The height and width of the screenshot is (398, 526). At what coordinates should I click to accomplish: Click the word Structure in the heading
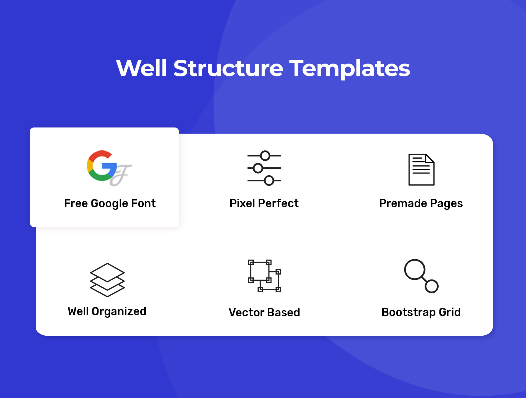pos(228,68)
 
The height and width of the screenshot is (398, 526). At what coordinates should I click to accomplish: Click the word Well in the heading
pos(141,68)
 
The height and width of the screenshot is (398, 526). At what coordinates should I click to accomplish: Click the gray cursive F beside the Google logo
pos(121,175)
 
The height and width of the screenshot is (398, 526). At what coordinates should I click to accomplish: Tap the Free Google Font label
pos(110,203)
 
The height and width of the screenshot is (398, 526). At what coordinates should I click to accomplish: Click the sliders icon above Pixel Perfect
pos(264,168)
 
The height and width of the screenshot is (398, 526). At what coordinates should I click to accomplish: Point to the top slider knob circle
pos(265,156)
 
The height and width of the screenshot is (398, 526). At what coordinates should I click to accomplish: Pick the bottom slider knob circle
pos(269,181)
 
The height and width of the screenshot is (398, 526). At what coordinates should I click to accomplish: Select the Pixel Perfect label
pos(264,203)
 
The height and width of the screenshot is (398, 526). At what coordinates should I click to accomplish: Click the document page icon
pos(421,169)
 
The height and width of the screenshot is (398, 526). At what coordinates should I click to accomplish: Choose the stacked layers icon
pos(107,280)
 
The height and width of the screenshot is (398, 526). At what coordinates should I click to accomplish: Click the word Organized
pos(119,312)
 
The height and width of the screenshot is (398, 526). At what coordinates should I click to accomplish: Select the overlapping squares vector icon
pos(264,276)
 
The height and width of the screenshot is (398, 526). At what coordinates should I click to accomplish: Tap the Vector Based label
pos(264,312)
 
